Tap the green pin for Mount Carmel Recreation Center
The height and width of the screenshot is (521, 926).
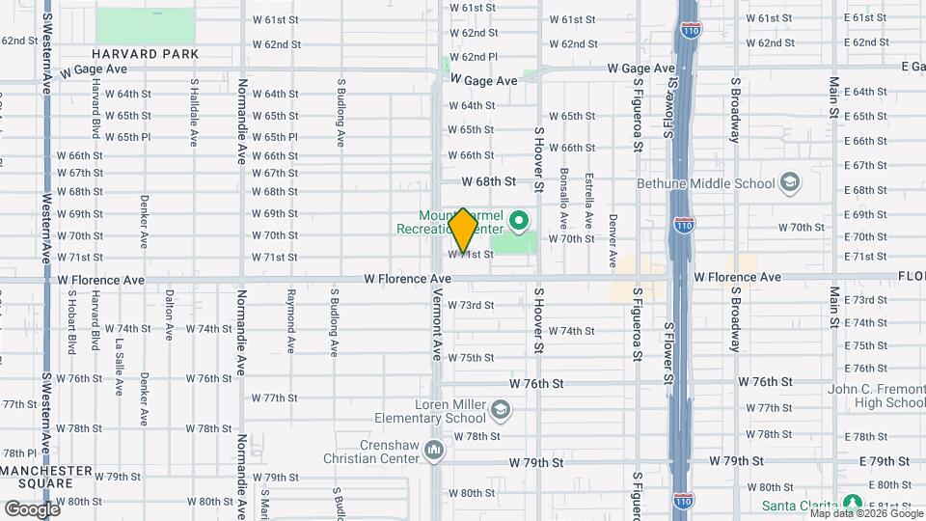click(x=522, y=221)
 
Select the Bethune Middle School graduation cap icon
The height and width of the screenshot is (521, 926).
click(x=789, y=183)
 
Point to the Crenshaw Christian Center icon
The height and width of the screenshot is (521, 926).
click(x=435, y=450)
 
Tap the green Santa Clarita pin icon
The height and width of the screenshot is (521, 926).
click(x=852, y=503)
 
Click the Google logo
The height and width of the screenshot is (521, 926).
click(x=32, y=508)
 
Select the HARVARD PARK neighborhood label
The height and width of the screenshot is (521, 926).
click(x=146, y=54)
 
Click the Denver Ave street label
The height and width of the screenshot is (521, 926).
click(x=613, y=241)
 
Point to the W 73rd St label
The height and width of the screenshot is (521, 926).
click(x=471, y=305)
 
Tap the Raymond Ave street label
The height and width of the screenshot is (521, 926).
click(x=290, y=318)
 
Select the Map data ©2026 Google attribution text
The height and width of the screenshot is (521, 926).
click(x=864, y=512)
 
